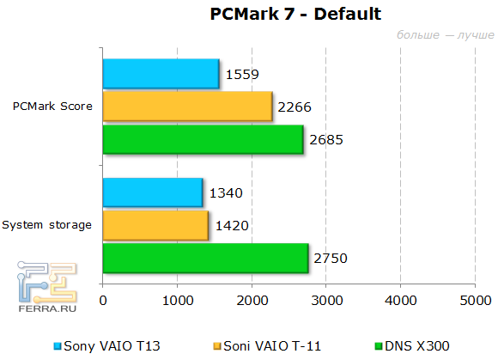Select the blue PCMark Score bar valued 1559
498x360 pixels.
(x=161, y=74)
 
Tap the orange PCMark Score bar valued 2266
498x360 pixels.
(x=187, y=107)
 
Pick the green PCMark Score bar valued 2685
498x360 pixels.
(x=203, y=139)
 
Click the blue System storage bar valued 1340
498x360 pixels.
(x=153, y=192)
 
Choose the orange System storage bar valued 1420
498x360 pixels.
(x=155, y=225)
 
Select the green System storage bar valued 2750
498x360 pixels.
(x=205, y=258)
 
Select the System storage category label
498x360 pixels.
(x=46, y=225)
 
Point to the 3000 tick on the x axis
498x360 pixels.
(x=325, y=302)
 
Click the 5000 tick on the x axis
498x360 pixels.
(x=474, y=302)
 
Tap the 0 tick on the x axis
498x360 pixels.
(x=103, y=302)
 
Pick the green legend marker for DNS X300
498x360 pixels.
(x=379, y=345)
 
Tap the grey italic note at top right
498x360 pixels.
(x=446, y=35)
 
